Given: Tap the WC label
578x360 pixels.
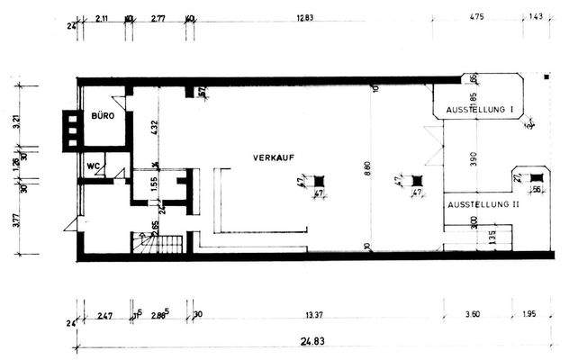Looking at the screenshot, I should click(93, 166).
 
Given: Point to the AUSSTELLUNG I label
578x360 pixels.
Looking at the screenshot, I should click(480, 110).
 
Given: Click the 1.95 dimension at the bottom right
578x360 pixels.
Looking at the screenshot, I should click(528, 314).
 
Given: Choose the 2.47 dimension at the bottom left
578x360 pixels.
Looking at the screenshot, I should click(104, 314).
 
